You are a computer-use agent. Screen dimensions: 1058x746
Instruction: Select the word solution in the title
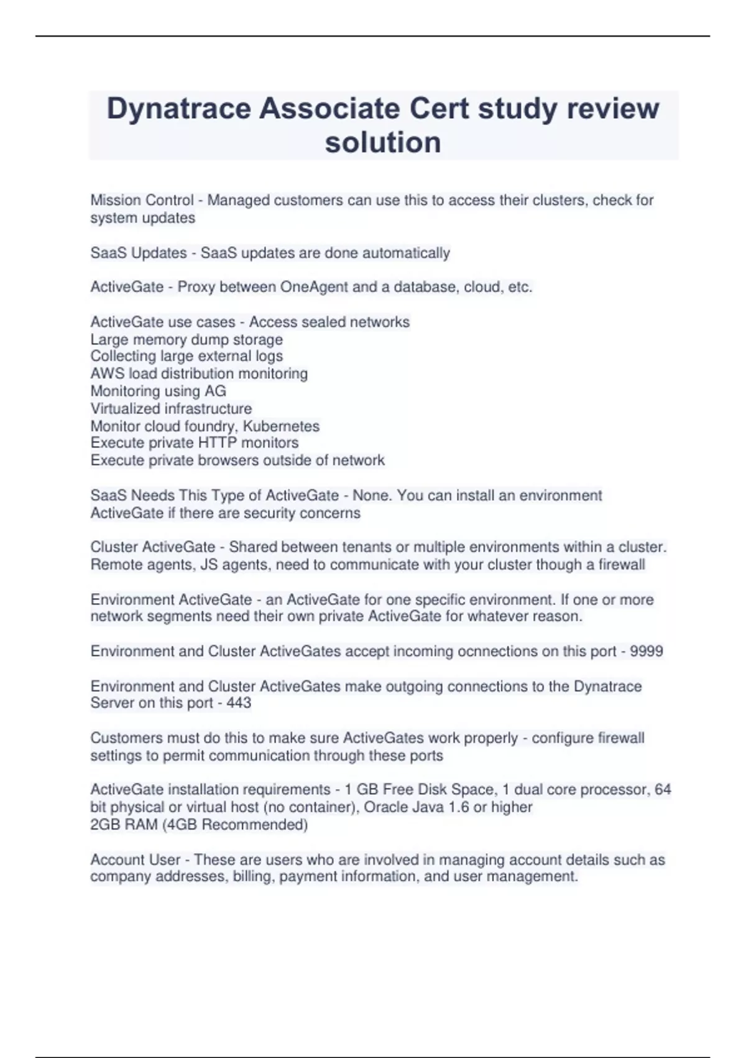point(383,142)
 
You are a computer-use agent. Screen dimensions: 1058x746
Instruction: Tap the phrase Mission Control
point(142,200)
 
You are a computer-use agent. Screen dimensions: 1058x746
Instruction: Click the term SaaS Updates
point(139,253)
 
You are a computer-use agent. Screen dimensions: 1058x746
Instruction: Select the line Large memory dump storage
point(186,339)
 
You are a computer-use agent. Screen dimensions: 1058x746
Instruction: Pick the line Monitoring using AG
point(158,391)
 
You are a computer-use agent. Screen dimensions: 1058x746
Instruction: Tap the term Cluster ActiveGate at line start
point(153,547)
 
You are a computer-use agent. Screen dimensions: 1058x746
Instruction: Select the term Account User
point(135,859)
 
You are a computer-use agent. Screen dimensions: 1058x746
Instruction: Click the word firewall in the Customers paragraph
point(620,738)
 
